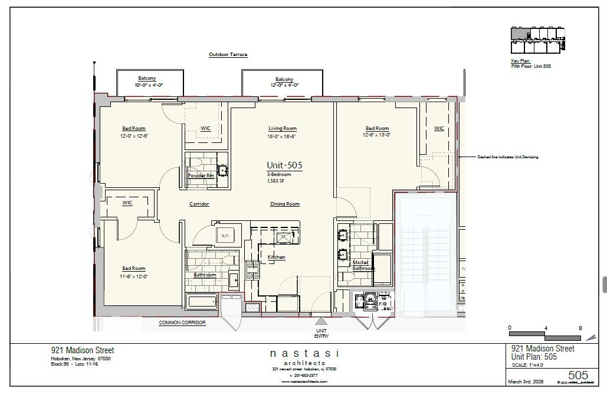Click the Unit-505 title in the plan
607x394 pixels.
(x=284, y=165)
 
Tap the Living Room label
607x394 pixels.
(x=283, y=128)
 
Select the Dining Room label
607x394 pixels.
(x=285, y=204)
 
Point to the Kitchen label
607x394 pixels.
(x=277, y=257)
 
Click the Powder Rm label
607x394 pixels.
(x=201, y=175)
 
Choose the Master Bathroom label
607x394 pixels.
(x=362, y=265)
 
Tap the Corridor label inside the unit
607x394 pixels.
(x=199, y=204)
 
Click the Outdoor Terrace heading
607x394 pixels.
(x=228, y=54)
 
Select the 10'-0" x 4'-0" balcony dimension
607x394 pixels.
(x=149, y=85)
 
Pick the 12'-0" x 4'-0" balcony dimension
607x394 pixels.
(x=284, y=85)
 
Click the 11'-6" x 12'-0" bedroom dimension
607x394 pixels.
(x=134, y=276)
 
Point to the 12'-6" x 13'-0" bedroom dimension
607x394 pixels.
(x=377, y=135)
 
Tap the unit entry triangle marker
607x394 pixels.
(x=321, y=321)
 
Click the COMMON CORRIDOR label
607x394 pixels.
(x=182, y=323)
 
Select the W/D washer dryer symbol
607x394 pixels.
(x=225, y=235)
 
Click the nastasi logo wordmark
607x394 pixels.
(x=304, y=353)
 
